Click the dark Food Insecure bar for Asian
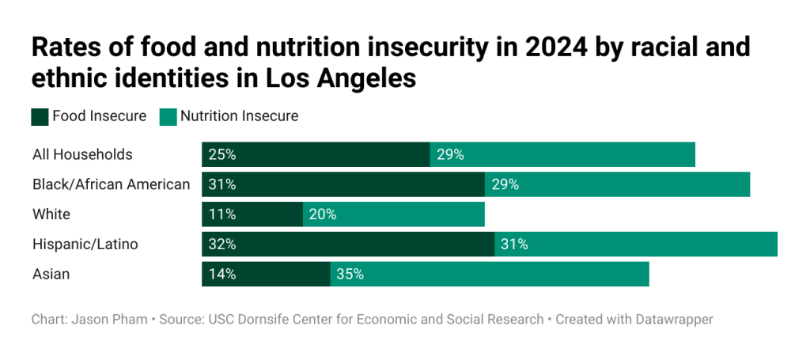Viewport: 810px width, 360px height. pyautogui.click(x=266, y=275)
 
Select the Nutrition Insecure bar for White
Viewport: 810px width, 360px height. pyautogui.click(x=393, y=214)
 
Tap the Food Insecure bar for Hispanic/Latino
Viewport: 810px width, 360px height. pyautogui.click(x=348, y=244)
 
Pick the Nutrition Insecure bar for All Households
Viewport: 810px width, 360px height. pyautogui.click(x=562, y=154)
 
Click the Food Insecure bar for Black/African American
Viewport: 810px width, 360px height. pyautogui.click(x=343, y=184)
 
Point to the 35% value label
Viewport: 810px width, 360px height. pyautogui.click(x=350, y=275)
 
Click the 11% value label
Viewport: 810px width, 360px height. pyautogui.click(x=222, y=214)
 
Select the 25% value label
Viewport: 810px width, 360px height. pyautogui.click(x=222, y=154)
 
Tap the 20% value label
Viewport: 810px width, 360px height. pyautogui.click(x=323, y=214)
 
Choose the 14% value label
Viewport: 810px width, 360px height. pyautogui.click(x=222, y=275)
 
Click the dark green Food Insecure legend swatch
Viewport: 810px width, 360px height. pyautogui.click(x=40, y=117)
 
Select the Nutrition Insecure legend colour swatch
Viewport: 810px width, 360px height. pyautogui.click(x=168, y=117)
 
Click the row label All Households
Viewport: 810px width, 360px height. pyautogui.click(x=82, y=154)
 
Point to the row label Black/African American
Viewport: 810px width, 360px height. pyautogui.click(x=111, y=184)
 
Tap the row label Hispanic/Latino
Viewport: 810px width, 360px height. pyautogui.click(x=85, y=244)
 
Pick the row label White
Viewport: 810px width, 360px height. pyautogui.click(x=51, y=214)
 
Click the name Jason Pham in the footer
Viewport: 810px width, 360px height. pyautogui.click(x=109, y=320)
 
